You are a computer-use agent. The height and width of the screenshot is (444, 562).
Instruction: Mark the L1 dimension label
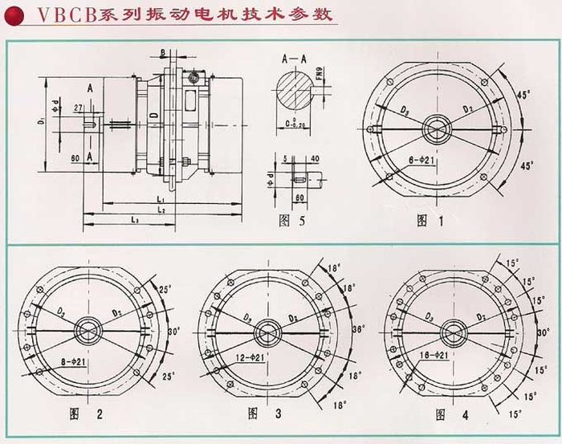click(162, 198)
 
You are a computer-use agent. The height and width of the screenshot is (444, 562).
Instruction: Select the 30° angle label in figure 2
click(174, 329)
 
